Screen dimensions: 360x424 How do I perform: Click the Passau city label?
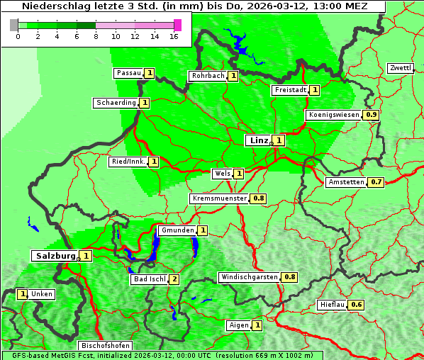point(129,73)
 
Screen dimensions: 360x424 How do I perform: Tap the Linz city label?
point(258,140)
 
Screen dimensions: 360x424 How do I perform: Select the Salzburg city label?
point(54,255)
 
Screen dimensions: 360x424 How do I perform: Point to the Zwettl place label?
point(400,68)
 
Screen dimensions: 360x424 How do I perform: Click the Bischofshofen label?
point(104,346)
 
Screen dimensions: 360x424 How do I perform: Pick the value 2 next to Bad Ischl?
point(174,279)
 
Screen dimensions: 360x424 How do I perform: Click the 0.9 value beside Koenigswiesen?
point(372,115)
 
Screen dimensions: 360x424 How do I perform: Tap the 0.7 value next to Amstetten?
point(376,182)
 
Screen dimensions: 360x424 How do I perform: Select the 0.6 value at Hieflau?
point(357,305)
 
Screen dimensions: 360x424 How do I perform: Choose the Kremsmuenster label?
point(219,198)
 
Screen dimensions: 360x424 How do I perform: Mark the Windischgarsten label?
point(249,277)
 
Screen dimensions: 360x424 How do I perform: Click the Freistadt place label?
point(290,90)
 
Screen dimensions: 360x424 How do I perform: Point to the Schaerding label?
point(116,103)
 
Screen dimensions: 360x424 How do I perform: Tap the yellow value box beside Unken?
point(23,294)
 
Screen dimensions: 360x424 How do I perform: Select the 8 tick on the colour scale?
point(96,35)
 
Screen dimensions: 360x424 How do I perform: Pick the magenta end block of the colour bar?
point(177,25)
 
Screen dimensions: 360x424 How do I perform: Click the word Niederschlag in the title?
point(53,6)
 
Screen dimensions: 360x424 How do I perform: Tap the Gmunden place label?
point(177,230)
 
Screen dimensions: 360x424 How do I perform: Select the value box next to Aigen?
point(257,325)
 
